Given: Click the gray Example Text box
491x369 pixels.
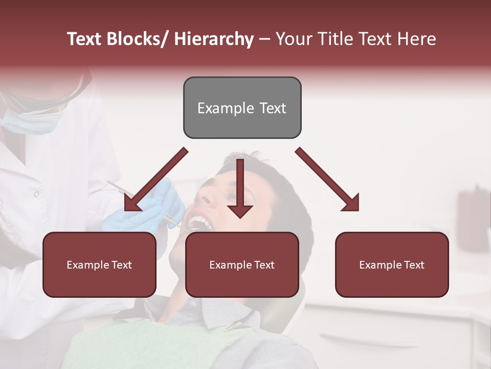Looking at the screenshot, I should coord(242,108).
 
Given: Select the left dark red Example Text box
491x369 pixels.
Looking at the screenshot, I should coord(99,264).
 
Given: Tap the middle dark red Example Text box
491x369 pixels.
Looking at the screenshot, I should coord(242,264).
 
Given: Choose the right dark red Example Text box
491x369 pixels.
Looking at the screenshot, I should coord(392,264).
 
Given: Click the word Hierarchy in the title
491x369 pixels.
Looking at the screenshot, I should coord(214,39).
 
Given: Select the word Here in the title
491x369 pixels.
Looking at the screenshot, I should coord(417,39).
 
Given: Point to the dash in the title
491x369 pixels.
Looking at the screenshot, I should coord(264,40).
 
